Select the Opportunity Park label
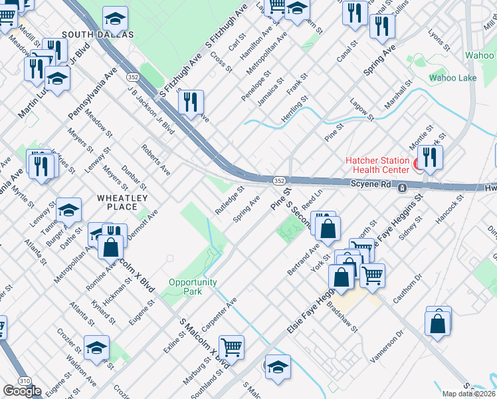pyautogui.click(x=193, y=287)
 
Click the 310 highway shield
pyautogui.click(x=25, y=380)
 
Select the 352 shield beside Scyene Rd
pyautogui.click(x=280, y=180)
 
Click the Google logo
pyautogui.click(x=22, y=391)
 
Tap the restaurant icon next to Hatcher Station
pyautogui.click(x=430, y=158)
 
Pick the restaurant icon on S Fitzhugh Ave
pyautogui.click(x=191, y=102)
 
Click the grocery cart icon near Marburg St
pyautogui.click(x=231, y=346)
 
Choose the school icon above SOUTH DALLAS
pyautogui.click(x=116, y=17)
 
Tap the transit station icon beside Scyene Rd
pyautogui.click(x=402, y=189)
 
